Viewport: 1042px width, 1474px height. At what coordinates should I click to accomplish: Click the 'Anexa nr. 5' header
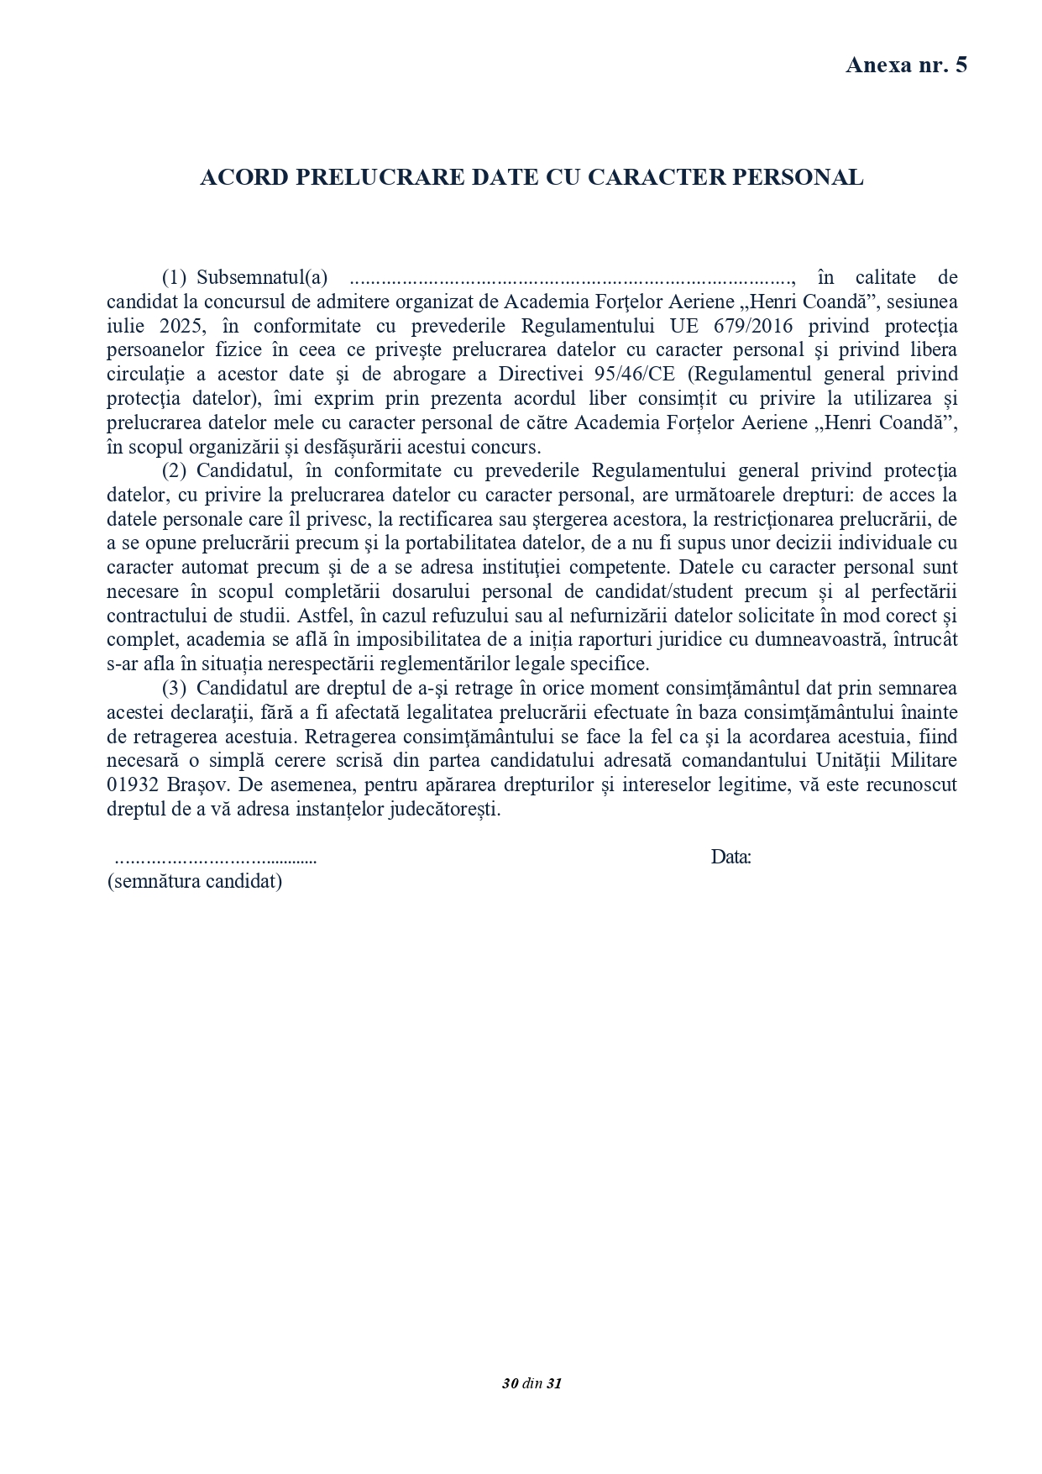coord(906,65)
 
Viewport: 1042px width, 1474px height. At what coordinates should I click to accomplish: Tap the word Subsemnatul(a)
coord(262,277)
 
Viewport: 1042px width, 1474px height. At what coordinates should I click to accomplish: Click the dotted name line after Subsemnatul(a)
coord(571,279)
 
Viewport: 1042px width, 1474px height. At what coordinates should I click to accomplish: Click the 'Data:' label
coord(730,858)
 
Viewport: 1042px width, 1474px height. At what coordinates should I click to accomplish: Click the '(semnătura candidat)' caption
coord(195,882)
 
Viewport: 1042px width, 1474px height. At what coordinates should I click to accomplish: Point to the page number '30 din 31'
coord(531,1383)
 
